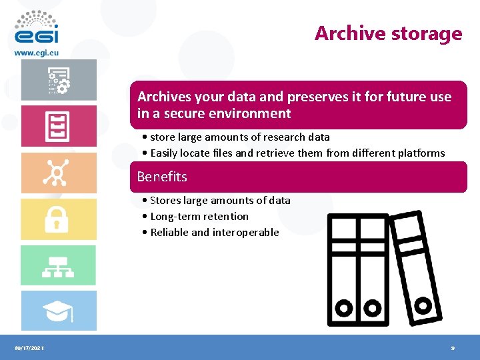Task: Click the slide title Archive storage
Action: [388, 33]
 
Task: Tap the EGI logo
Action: [36, 29]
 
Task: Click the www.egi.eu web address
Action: [37, 52]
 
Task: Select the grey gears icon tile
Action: [58, 80]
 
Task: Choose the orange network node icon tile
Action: [58, 173]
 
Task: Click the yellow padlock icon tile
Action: [58, 219]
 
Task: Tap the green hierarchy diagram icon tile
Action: [58, 265]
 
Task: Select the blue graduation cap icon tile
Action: [58, 311]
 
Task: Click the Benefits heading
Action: [162, 177]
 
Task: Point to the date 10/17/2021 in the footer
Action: [28, 348]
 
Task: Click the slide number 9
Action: [453, 348]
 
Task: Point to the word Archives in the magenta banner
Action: [164, 97]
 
